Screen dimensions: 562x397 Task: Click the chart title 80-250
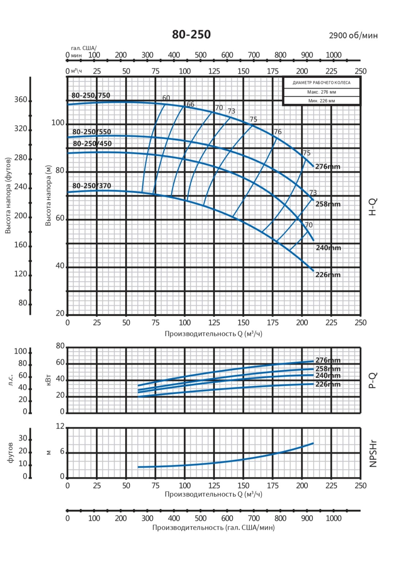pos(191,34)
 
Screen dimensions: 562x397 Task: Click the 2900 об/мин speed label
pos(353,36)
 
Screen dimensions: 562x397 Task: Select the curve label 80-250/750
pos(91,95)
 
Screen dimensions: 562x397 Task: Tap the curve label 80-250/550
pos(91,132)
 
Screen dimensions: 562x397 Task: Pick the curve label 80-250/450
pos(92,143)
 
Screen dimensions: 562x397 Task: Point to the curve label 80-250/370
pos(91,186)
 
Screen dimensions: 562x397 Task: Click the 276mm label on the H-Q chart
pos(327,167)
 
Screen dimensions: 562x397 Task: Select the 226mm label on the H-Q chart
pos(328,275)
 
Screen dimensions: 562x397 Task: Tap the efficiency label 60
pos(166,98)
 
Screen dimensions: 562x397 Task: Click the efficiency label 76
pos(278,132)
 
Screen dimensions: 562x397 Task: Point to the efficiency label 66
pos(191,104)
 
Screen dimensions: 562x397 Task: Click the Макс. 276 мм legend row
pos(322,92)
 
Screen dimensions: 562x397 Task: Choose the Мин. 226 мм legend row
pos(322,101)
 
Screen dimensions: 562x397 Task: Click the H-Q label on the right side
pos(372,207)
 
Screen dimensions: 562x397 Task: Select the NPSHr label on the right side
pos(373,454)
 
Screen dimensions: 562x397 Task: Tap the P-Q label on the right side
pos(372,380)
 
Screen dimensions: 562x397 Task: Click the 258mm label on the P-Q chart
pos(328,369)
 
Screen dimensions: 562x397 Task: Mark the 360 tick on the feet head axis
pos(21,100)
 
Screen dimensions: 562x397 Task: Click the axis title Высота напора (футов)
pos(8,195)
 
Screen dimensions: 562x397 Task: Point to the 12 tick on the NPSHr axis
pos(60,426)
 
